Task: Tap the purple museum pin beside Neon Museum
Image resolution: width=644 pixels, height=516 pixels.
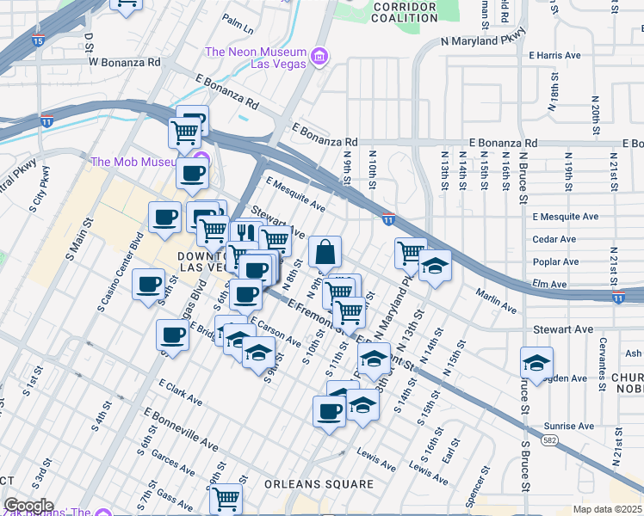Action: [320, 58]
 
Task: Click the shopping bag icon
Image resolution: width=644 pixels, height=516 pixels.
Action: [325, 253]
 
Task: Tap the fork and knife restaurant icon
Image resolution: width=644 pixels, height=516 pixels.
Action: [246, 234]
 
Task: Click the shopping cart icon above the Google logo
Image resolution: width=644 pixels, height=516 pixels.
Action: [226, 497]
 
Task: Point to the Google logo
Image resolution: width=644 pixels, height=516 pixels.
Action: [28, 506]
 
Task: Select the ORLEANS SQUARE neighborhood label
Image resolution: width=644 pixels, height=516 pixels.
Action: [319, 484]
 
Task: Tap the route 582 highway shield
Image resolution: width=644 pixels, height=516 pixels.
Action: [548, 439]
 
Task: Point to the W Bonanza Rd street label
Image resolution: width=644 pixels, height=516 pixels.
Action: [125, 62]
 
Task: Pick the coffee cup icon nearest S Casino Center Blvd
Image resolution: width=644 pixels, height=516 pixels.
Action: [148, 285]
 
